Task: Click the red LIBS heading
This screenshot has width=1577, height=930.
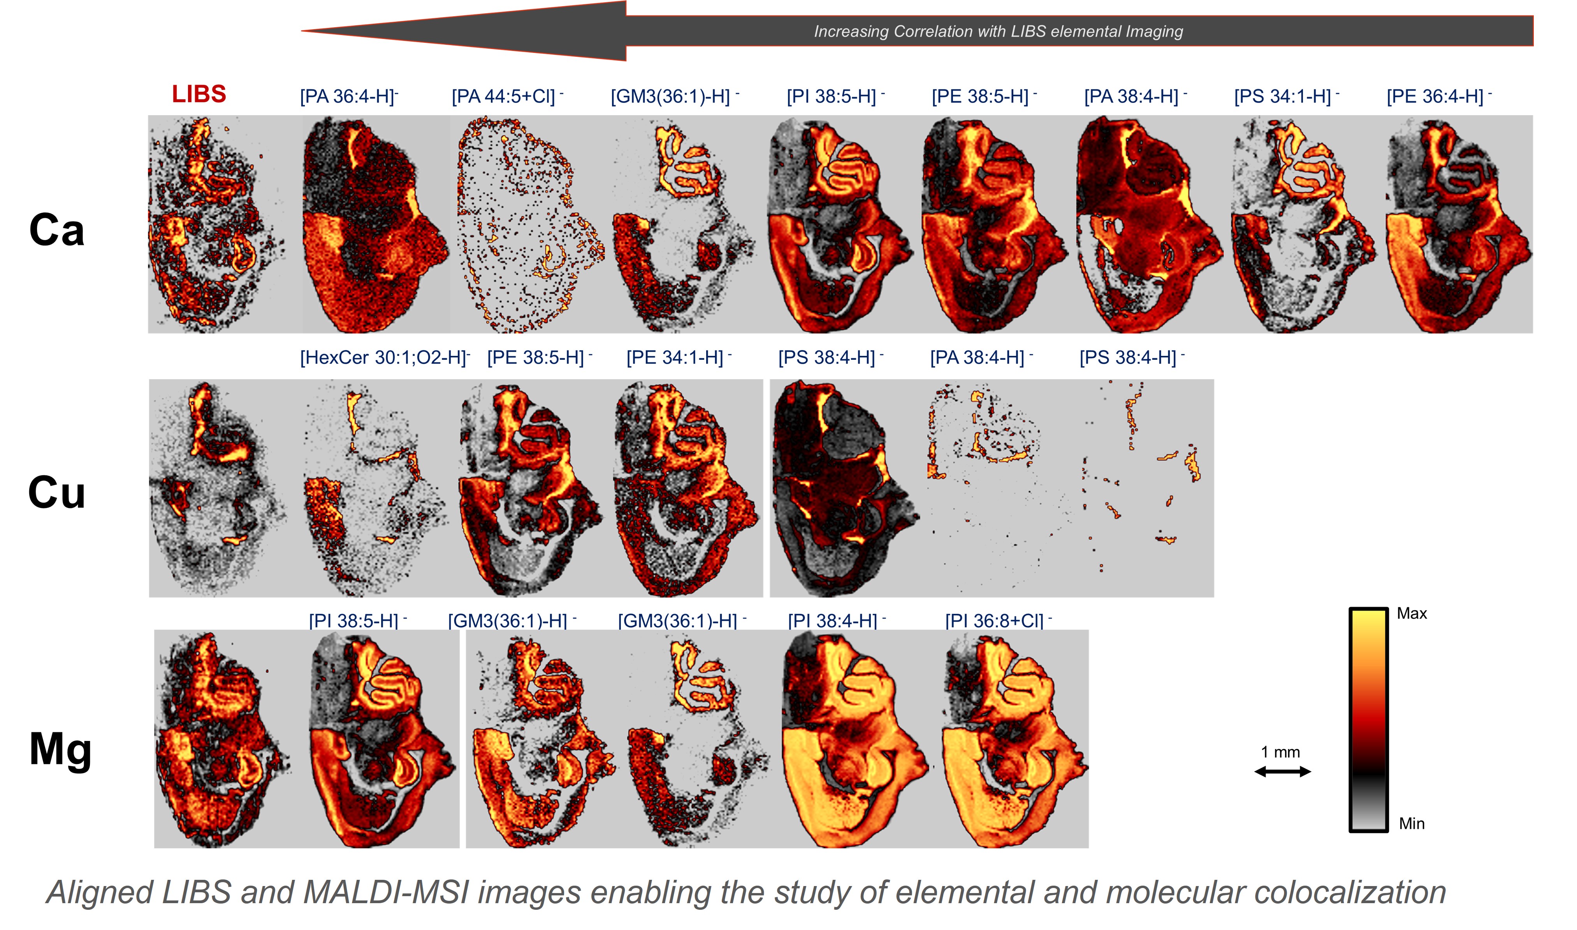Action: (199, 94)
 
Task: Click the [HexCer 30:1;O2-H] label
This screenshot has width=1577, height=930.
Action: (384, 358)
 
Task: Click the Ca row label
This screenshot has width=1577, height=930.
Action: (56, 230)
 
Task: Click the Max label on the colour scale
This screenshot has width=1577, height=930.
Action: (1412, 613)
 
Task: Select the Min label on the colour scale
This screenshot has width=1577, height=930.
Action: (1412, 823)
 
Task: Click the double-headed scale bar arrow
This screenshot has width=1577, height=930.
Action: (1282, 772)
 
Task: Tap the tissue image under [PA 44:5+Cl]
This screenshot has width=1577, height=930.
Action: (527, 224)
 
